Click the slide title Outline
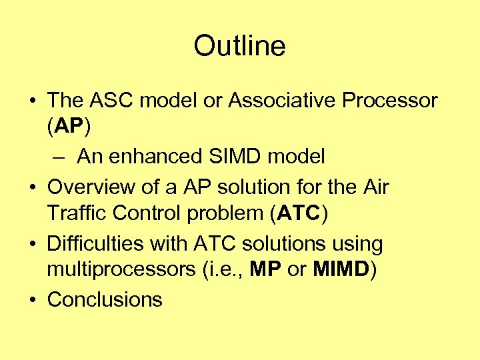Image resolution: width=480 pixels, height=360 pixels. (239, 46)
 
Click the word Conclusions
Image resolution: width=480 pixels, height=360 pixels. (105, 300)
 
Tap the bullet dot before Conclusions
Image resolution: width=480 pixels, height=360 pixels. (33, 300)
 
